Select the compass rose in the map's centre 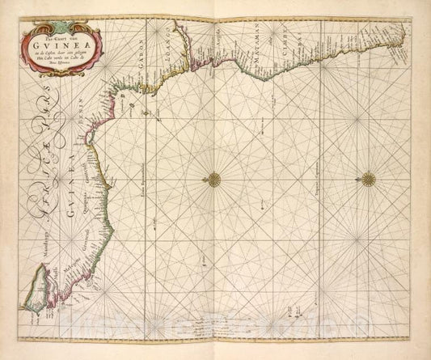tap(216, 177)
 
